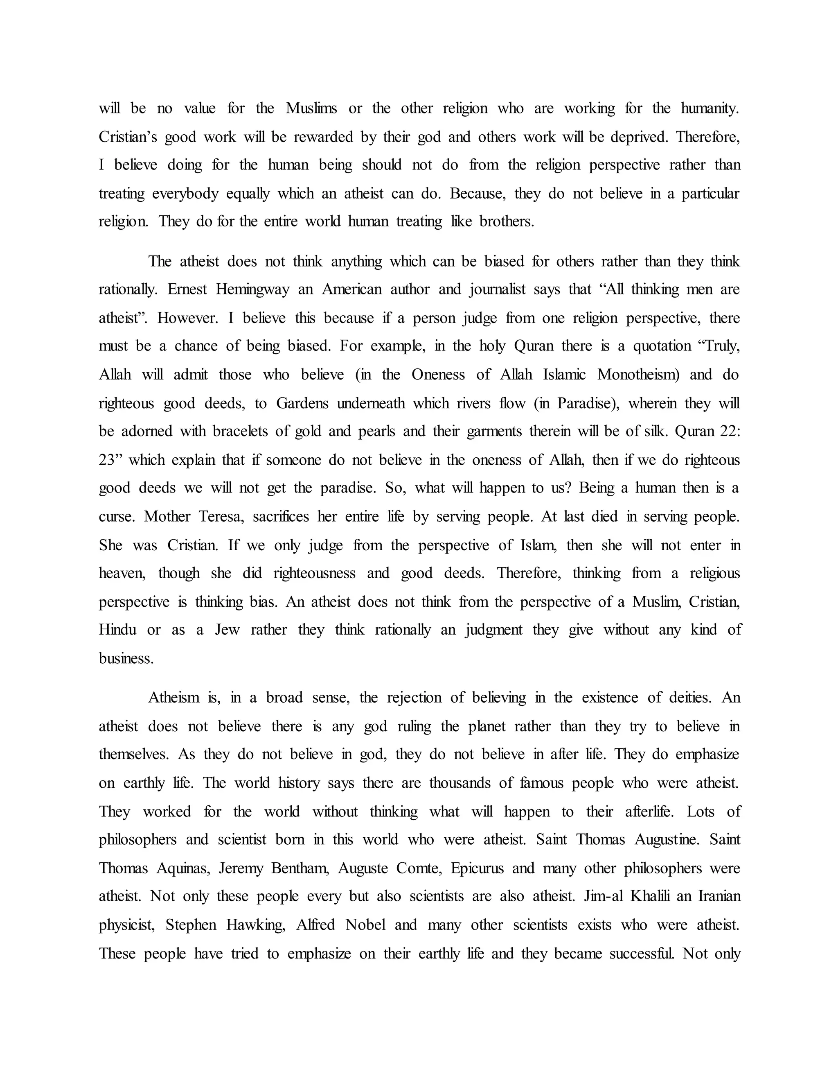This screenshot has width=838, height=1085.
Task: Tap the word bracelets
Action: pos(242,431)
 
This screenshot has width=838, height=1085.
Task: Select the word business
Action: pos(126,659)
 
